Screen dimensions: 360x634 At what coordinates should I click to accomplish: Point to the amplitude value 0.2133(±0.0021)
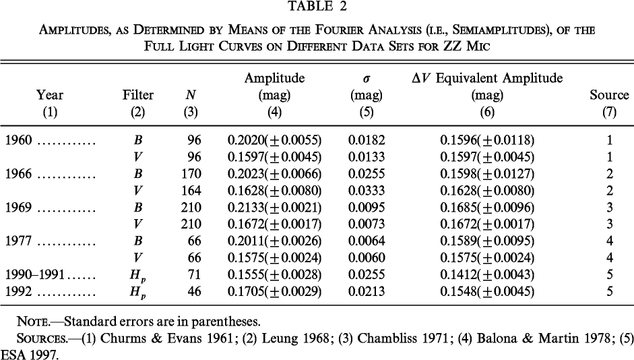coord(274,208)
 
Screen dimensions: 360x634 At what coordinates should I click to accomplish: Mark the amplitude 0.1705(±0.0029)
coord(274,292)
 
